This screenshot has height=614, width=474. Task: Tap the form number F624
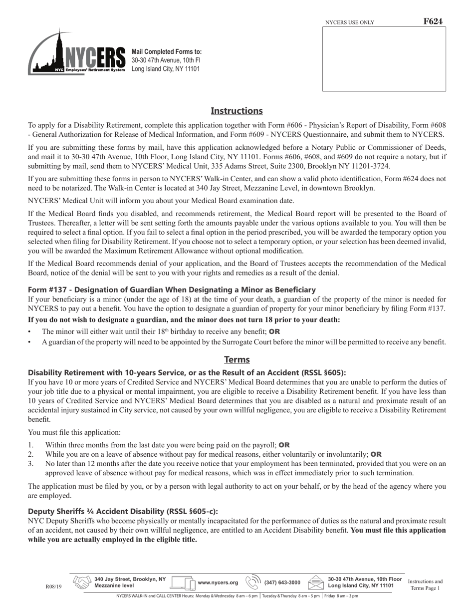click(433, 21)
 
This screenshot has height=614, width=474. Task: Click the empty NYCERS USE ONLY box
click(384, 59)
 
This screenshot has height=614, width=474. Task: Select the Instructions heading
click(237, 111)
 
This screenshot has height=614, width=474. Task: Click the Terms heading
click(237, 359)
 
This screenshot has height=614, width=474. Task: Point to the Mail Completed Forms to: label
click(167, 52)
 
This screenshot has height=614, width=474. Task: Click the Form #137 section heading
click(172, 290)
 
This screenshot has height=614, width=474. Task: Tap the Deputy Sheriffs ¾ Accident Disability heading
click(123, 511)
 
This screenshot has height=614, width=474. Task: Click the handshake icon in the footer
click(82, 583)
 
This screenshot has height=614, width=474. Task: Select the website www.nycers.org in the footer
click(218, 583)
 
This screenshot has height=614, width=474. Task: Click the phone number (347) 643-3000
click(282, 583)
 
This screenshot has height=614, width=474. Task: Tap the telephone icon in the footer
click(253, 583)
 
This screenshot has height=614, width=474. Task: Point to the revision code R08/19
click(53, 587)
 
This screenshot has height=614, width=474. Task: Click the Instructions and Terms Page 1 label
click(425, 585)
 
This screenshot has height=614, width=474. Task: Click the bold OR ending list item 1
click(284, 445)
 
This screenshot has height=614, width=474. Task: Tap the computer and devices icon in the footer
click(183, 583)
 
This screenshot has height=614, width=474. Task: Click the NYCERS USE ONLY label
click(349, 22)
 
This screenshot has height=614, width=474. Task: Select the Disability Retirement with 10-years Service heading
click(187, 372)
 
